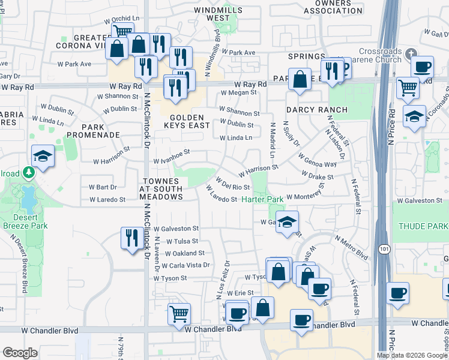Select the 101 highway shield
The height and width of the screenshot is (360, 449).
tap(382, 247)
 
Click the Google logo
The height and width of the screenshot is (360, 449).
tap(20, 353)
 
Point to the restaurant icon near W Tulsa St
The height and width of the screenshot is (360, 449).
tap(130, 238)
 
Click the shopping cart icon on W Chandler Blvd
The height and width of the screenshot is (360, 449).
tap(179, 314)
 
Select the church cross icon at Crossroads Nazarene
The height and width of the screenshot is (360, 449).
tap(411, 52)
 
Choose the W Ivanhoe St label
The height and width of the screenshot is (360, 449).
tap(172, 161)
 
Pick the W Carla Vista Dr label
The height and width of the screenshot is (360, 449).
tap(182, 265)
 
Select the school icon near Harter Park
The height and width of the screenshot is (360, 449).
tap(287, 221)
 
